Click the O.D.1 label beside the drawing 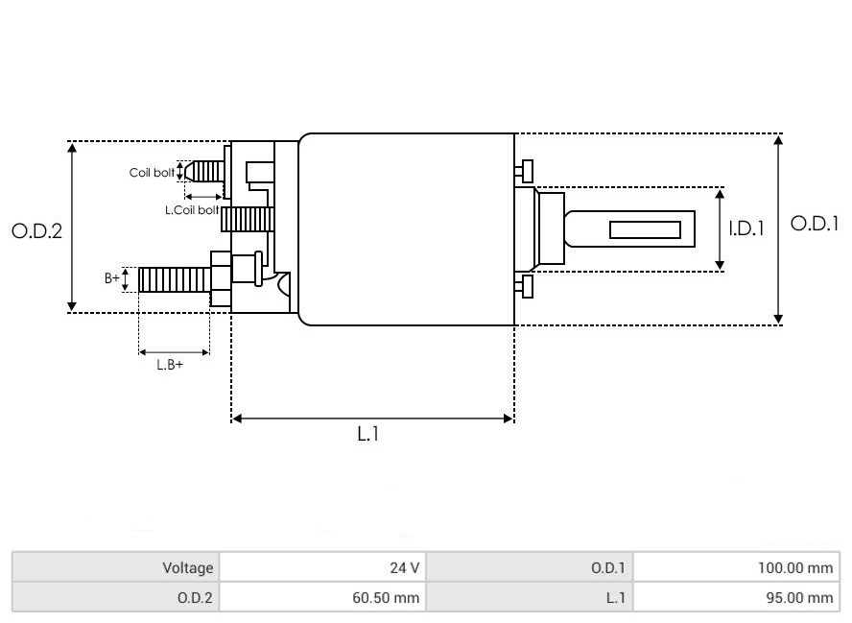pos(814,224)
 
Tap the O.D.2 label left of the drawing pos(37,231)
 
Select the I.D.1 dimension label pos(745,229)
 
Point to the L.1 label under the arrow pos(368,435)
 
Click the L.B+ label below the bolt pos(170,365)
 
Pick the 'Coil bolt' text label pos(153,174)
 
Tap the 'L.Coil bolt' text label pos(192,209)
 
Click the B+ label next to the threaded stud pos(112,278)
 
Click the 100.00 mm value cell pos(736,567)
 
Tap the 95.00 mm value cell pos(736,597)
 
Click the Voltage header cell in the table pos(116,567)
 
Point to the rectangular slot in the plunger pos(646,230)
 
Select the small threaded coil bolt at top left pos(203,172)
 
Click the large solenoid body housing pos(406,229)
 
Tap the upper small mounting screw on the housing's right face pos(524,171)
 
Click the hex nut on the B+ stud pos(220,279)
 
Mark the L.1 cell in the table pos(530,597)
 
